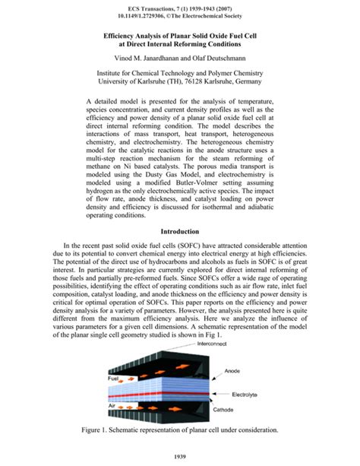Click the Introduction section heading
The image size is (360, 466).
click(179, 231)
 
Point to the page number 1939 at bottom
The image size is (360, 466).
click(180, 457)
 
